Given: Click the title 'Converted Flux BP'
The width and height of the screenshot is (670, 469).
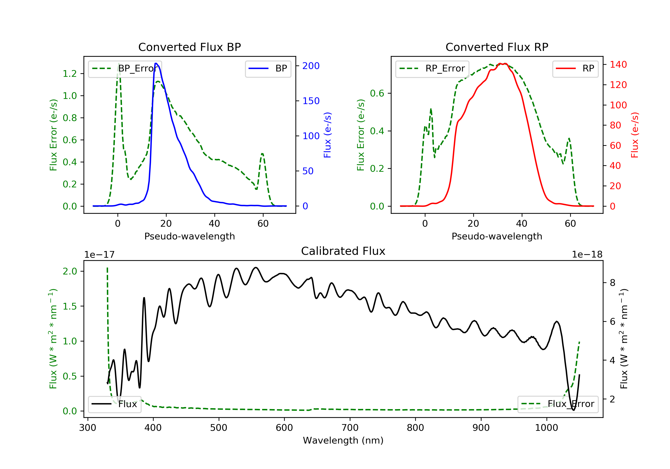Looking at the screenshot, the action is [x=190, y=47].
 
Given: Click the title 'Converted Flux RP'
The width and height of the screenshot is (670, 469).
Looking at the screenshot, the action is [x=497, y=47].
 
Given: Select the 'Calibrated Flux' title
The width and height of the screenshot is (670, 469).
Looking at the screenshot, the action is [x=343, y=251].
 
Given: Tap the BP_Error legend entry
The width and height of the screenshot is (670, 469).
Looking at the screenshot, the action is [x=125, y=69].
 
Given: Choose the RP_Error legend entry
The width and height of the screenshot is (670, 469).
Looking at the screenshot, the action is [x=432, y=69].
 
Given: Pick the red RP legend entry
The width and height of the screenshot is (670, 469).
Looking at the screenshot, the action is [x=575, y=69].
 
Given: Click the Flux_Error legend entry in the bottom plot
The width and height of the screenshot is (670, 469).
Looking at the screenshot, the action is [x=558, y=404].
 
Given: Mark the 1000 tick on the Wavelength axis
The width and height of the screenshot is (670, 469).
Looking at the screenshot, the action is [x=546, y=428].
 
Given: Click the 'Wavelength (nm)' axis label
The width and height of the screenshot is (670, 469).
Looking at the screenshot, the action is [x=343, y=440].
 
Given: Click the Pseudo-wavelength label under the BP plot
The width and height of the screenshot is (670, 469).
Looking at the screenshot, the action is [x=190, y=236].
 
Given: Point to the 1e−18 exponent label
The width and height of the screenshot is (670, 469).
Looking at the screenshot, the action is [x=587, y=255].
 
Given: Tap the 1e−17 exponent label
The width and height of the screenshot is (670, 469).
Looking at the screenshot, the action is [x=99, y=255].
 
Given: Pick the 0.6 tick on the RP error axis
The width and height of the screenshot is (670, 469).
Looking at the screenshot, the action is [x=377, y=93].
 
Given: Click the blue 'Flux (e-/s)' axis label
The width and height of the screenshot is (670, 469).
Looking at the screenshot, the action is [x=327, y=135].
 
